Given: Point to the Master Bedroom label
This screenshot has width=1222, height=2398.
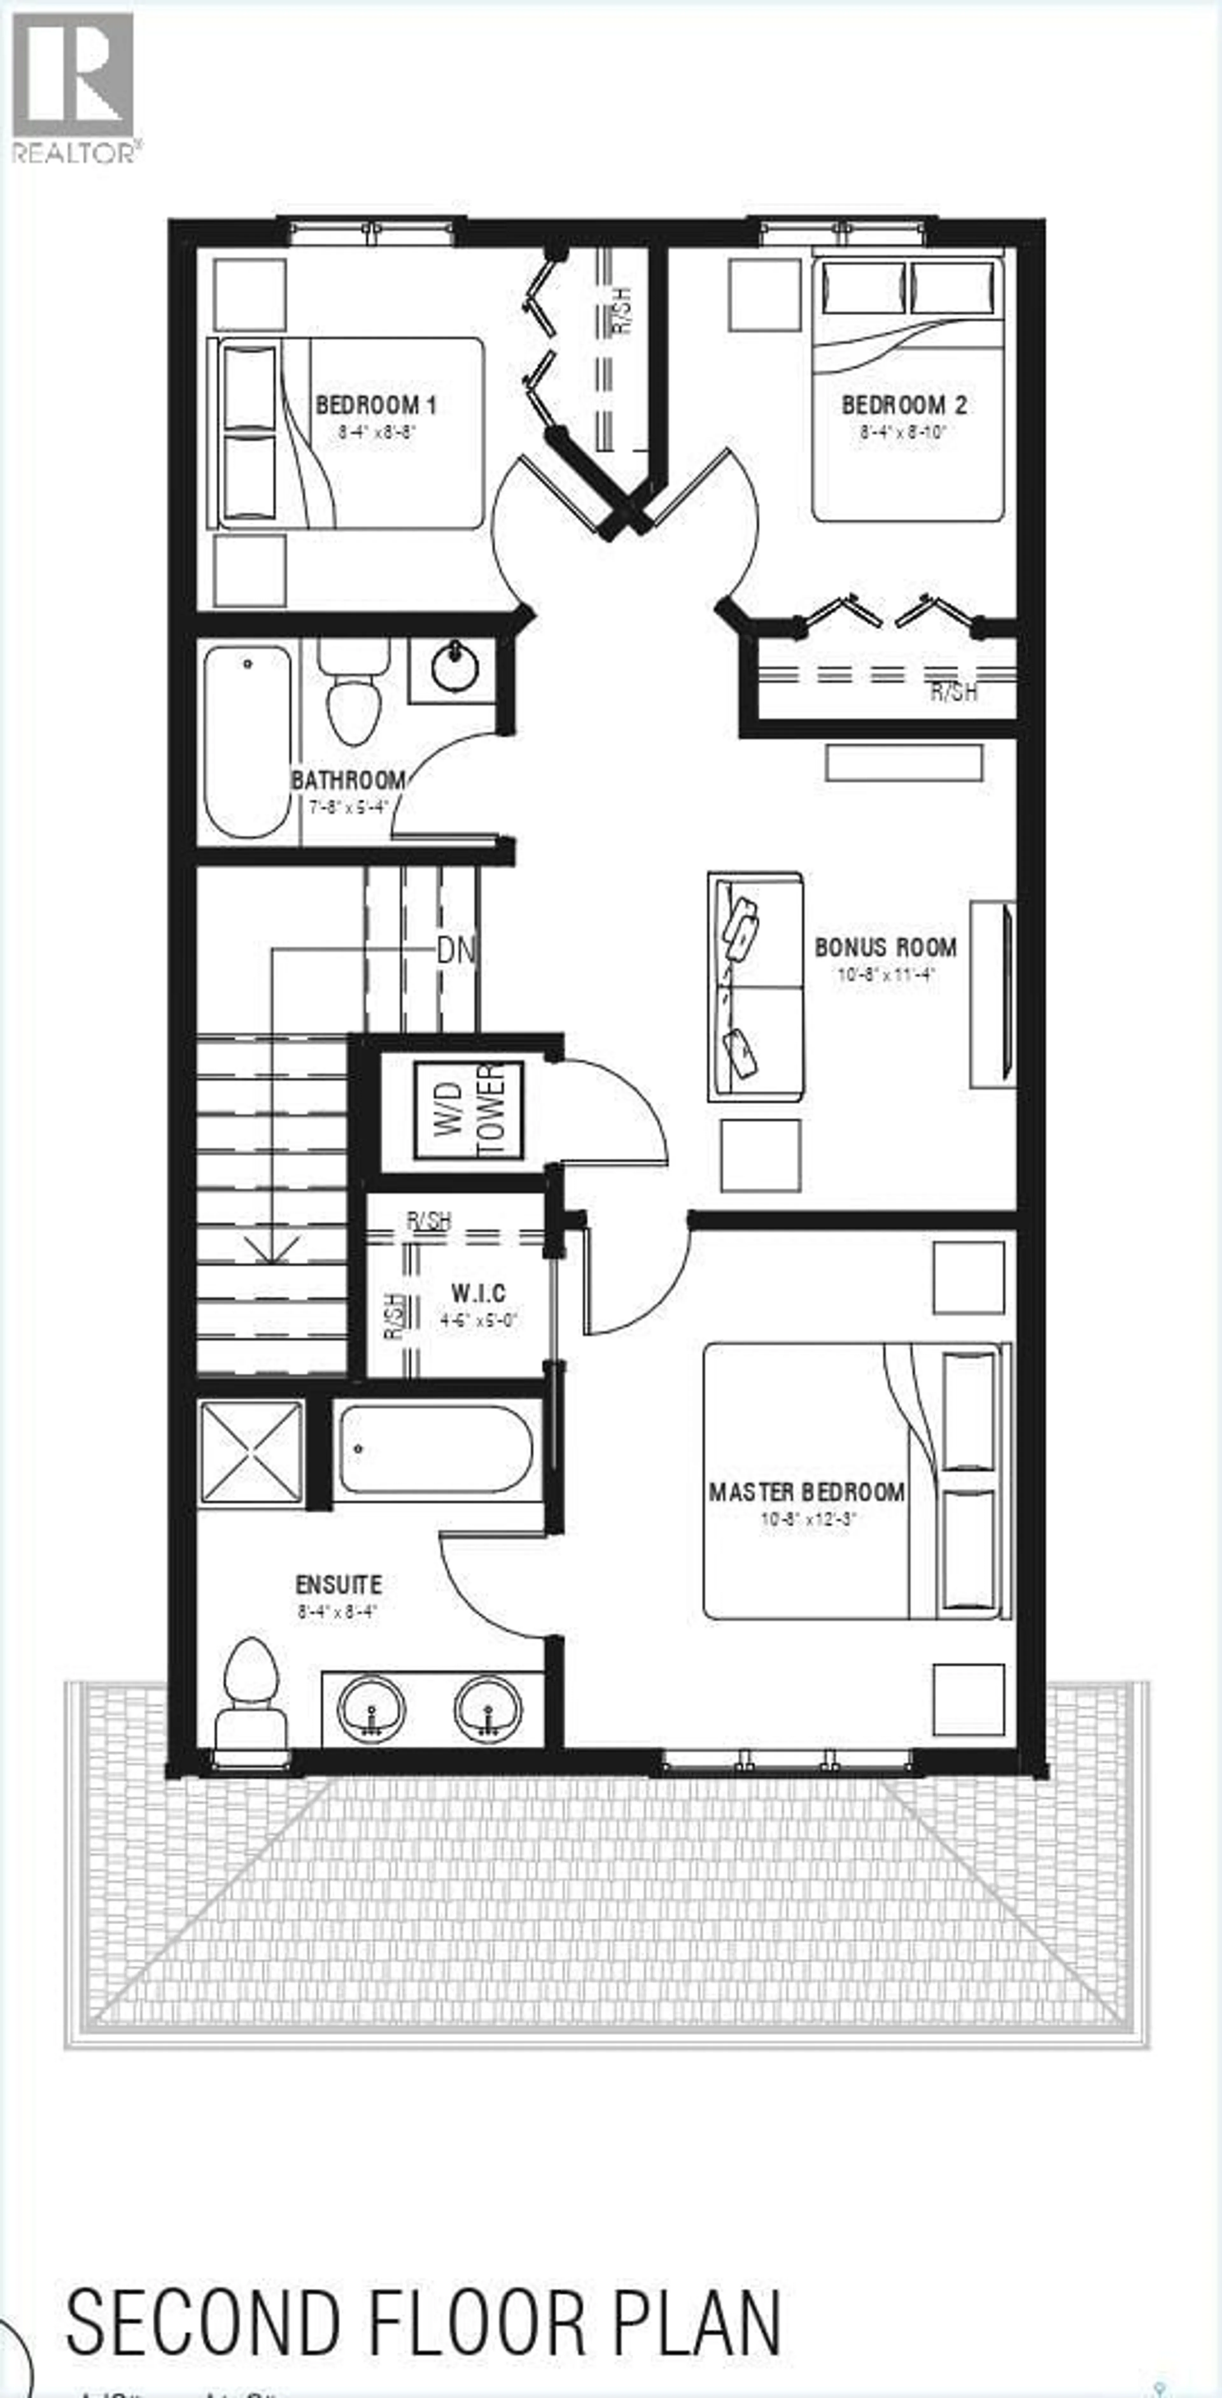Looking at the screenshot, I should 806,1492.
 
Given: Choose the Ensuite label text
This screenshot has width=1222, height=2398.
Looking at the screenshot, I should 338,1584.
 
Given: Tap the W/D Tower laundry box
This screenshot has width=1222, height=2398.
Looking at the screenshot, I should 468,1110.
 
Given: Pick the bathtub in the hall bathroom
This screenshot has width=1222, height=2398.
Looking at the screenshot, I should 248,742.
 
